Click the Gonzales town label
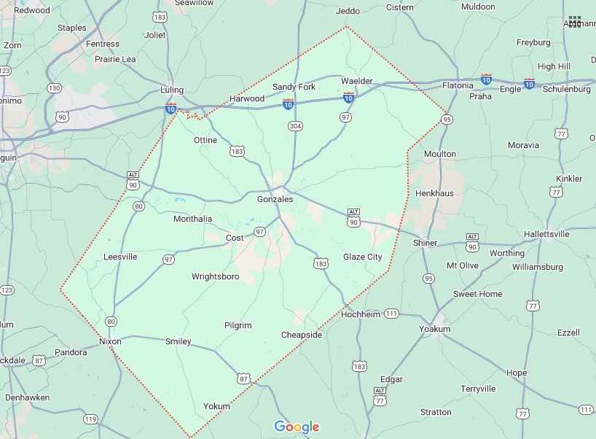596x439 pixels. coord(275,199)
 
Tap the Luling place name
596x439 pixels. coord(171,90)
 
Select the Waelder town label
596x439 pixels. coord(357,81)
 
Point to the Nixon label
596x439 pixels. coord(110,341)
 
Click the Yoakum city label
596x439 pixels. coord(435,330)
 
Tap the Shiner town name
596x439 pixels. coord(425,243)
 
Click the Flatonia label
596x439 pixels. coord(458,85)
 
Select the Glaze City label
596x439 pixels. coord(362,257)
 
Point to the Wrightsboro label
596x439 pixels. coord(215,277)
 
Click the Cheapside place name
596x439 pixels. coord(302,335)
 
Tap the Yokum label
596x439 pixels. coord(216,406)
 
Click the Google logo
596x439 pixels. coord(297,427)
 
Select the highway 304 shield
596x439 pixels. coord(294,125)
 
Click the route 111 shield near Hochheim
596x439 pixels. coord(392,314)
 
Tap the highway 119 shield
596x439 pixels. coord(90,419)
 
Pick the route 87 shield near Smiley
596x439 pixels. coord(243,378)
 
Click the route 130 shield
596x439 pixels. coord(54,88)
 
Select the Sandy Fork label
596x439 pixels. coord(294,87)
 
